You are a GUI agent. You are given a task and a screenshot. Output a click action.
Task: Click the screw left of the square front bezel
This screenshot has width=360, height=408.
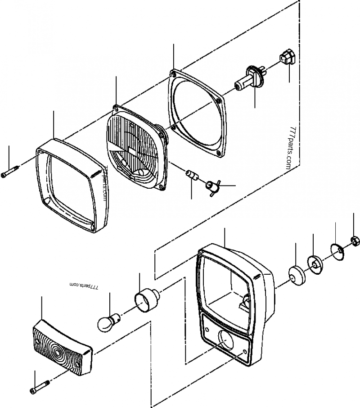click(10, 172)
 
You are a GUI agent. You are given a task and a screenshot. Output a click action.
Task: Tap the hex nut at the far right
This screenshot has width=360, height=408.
click(354, 242)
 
